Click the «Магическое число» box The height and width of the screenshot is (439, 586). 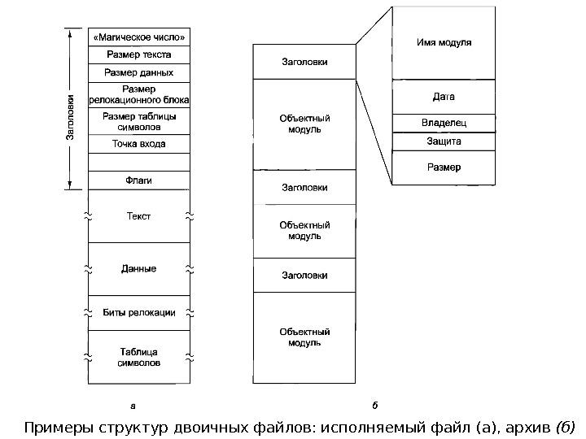click(138, 37)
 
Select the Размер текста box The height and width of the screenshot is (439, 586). click(138, 54)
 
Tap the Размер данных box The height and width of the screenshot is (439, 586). click(138, 72)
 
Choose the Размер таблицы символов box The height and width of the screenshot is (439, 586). click(138, 121)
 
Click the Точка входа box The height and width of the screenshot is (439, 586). click(138, 144)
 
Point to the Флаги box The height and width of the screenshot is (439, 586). click(138, 180)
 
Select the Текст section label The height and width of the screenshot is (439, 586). click(138, 216)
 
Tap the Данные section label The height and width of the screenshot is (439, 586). click(138, 268)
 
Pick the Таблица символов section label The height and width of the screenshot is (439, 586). click(138, 357)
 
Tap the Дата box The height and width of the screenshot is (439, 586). click(444, 97)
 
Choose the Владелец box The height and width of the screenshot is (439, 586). click(444, 124)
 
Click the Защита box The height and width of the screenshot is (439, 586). click(444, 141)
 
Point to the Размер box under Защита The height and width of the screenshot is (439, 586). click(444, 167)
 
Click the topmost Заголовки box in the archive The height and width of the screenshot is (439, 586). click(304, 61)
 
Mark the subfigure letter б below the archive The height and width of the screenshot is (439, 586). click(375, 403)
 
